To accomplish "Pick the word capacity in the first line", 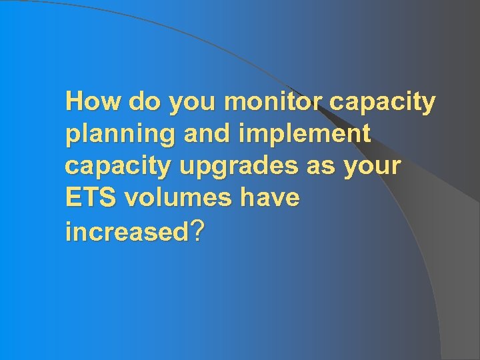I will tap(383, 104).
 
